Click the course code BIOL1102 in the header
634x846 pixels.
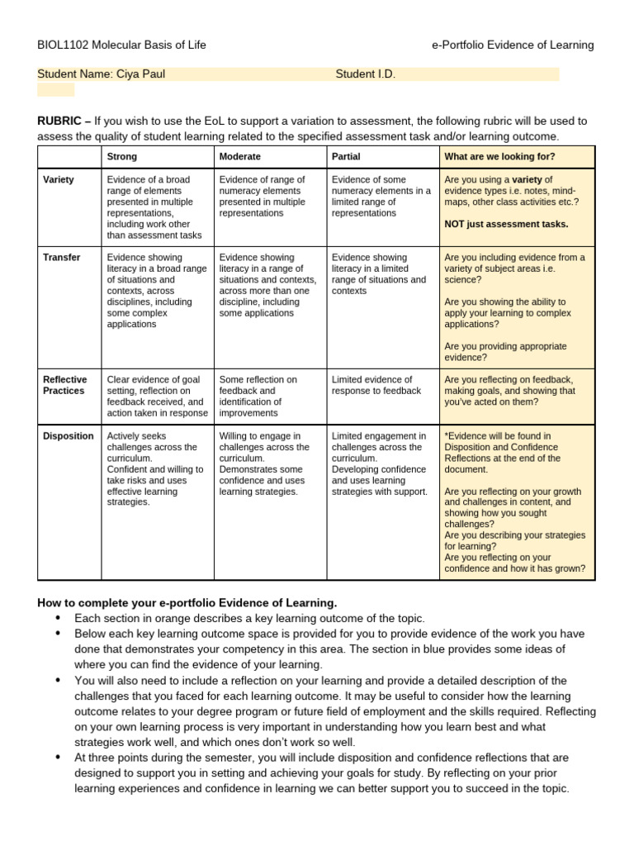pyautogui.click(x=64, y=45)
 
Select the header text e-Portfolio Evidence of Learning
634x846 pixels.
pyautogui.click(x=513, y=45)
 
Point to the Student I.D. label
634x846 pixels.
pyautogui.click(x=366, y=74)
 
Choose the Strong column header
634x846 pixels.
pyautogui.click(x=122, y=156)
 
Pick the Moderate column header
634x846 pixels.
pyautogui.click(x=239, y=156)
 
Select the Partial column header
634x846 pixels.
pyautogui.click(x=345, y=156)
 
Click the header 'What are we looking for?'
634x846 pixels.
pyautogui.click(x=499, y=156)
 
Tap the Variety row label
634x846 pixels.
pyautogui.click(x=58, y=179)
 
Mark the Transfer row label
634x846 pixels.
pyautogui.click(x=61, y=258)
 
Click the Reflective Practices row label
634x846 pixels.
pyautogui.click(x=64, y=385)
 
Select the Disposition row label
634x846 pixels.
pyautogui.click(x=68, y=436)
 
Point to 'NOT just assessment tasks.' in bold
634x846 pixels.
pyautogui.click(x=506, y=224)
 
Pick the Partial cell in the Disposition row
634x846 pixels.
pyautogui.click(x=379, y=463)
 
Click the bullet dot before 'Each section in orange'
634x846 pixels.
pyautogui.click(x=58, y=618)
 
